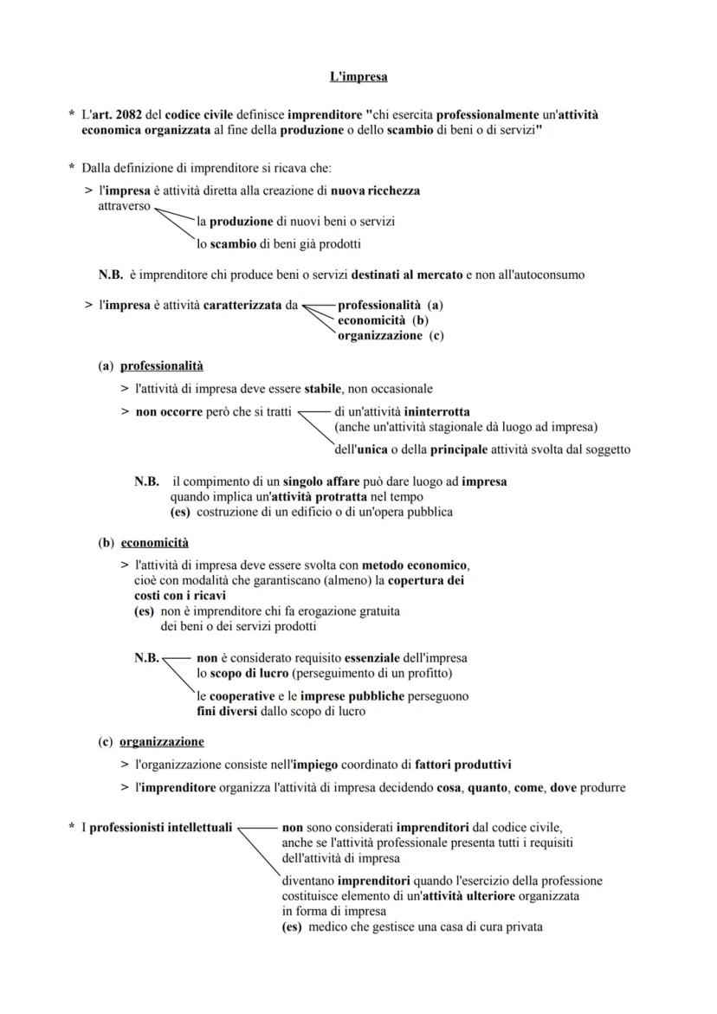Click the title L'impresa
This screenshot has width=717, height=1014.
pyautogui.click(x=358, y=77)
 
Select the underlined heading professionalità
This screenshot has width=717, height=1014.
pyautogui.click(x=162, y=366)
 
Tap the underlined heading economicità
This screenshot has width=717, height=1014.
pyautogui.click(x=155, y=543)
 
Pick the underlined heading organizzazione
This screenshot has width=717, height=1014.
pyautogui.click(x=162, y=742)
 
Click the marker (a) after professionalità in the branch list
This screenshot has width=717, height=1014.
pyautogui.click(x=436, y=306)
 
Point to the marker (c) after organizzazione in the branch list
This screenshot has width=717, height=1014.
pyautogui.click(x=436, y=336)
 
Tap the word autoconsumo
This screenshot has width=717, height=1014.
pyautogui.click(x=546, y=275)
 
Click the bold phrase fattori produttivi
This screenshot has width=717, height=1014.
pyautogui.click(x=463, y=765)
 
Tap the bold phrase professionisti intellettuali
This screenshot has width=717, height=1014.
pyautogui.click(x=161, y=828)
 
